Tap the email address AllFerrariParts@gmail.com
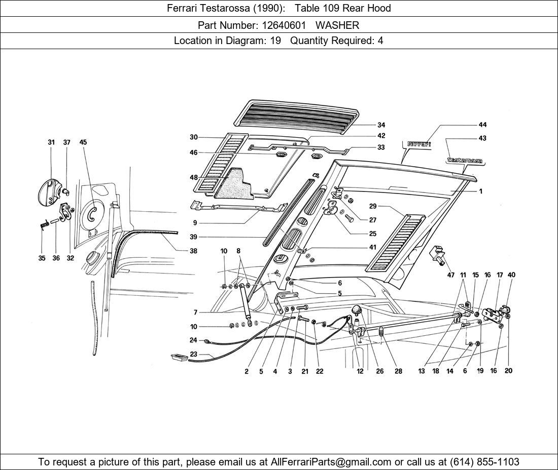click(x=331, y=462)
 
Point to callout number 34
click(x=381, y=125)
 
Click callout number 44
click(x=482, y=125)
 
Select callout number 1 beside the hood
click(x=480, y=191)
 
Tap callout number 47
click(x=451, y=276)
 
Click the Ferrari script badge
click(x=419, y=144)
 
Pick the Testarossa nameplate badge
click(x=464, y=161)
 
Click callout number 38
click(x=193, y=251)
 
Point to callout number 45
click(x=83, y=142)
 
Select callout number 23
click(x=193, y=355)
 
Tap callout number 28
click(x=398, y=371)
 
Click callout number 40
click(x=511, y=275)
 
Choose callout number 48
click(x=194, y=178)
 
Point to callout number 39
click(x=193, y=237)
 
